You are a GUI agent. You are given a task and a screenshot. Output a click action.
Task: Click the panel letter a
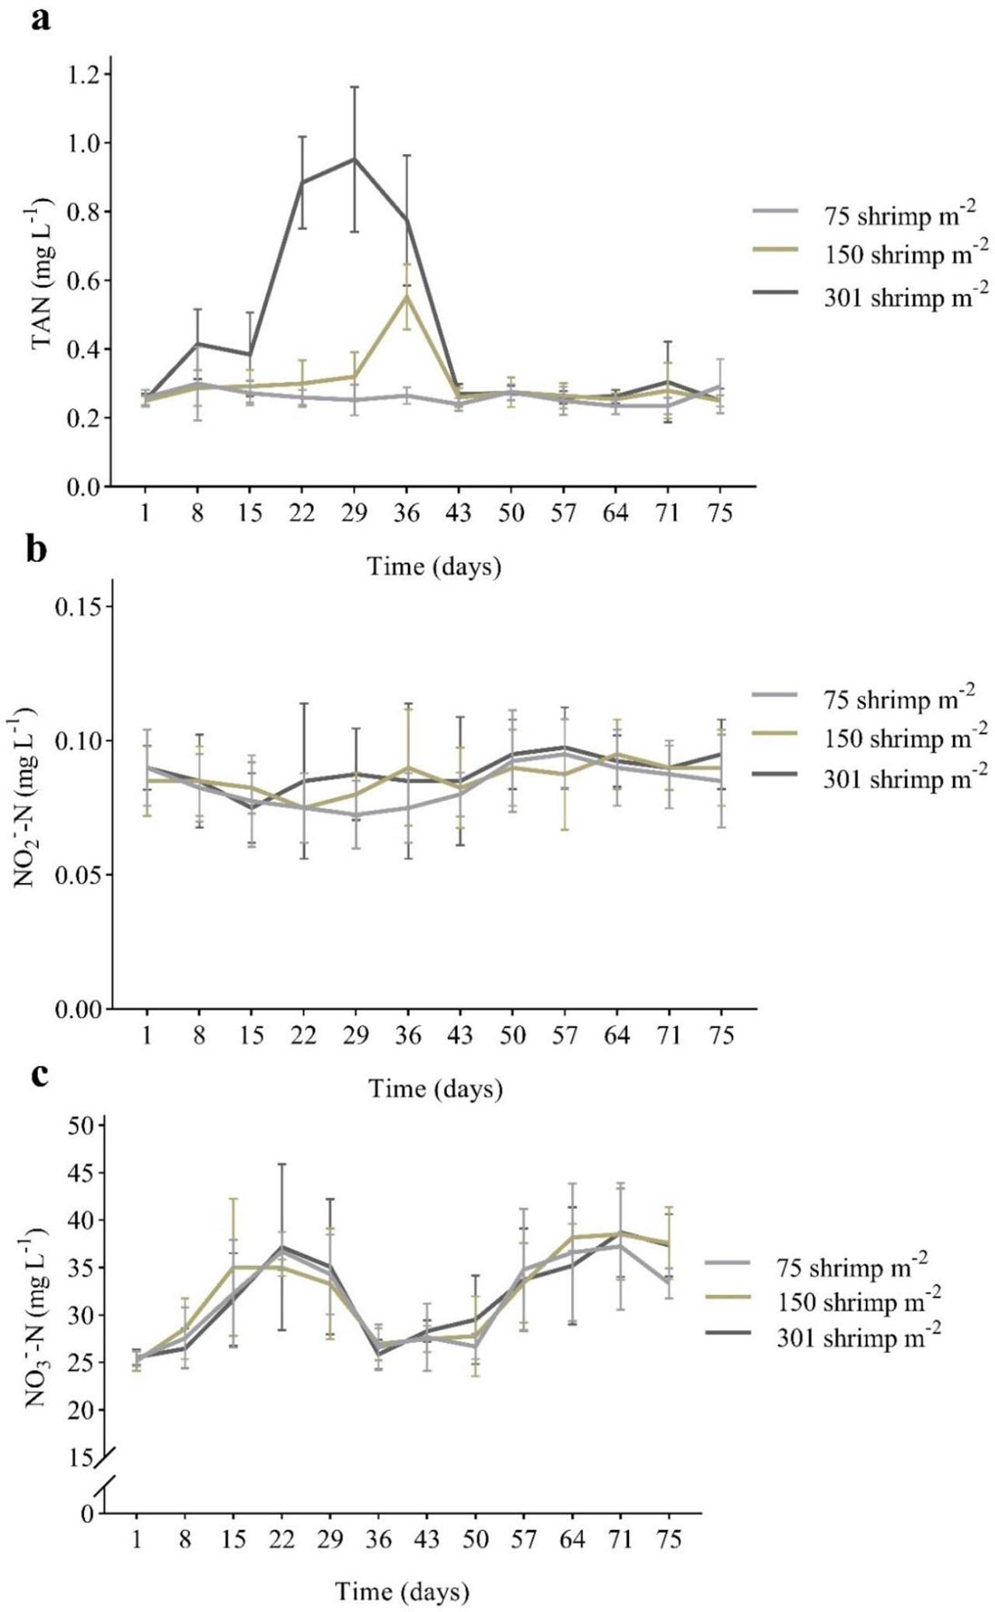pyautogui.click(x=41, y=19)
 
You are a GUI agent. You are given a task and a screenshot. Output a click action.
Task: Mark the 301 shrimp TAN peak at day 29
pyautogui.click(x=354, y=159)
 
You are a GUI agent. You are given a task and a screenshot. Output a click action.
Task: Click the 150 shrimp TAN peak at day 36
pyautogui.click(x=406, y=296)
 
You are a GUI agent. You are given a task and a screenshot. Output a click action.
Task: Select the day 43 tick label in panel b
pyautogui.click(x=459, y=1036)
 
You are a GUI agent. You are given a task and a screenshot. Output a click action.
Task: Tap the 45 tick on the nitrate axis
pyautogui.click(x=79, y=1173)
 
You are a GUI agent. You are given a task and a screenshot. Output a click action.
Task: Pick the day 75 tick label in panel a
pyautogui.click(x=721, y=514)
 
